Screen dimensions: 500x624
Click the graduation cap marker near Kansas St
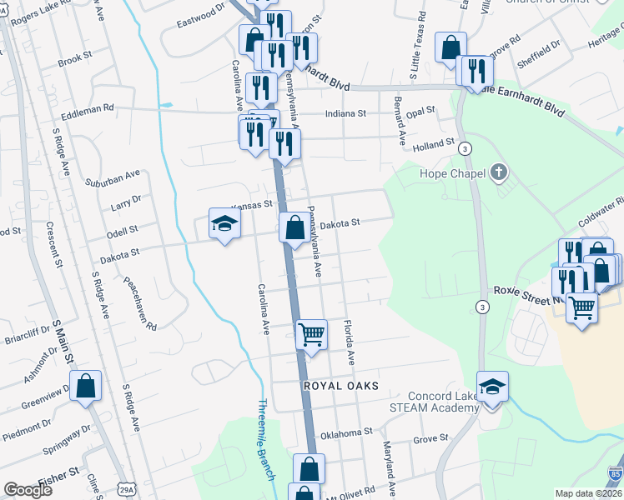(x=224, y=223)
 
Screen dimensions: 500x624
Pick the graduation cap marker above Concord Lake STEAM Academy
(x=492, y=387)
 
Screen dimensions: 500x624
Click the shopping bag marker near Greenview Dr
(x=85, y=386)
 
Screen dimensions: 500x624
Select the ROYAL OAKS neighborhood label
(x=341, y=386)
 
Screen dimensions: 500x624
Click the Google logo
(x=28, y=490)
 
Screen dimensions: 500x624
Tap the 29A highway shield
(x=126, y=486)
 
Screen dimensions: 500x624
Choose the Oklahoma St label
(x=345, y=433)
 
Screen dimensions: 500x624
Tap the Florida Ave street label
(x=350, y=342)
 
